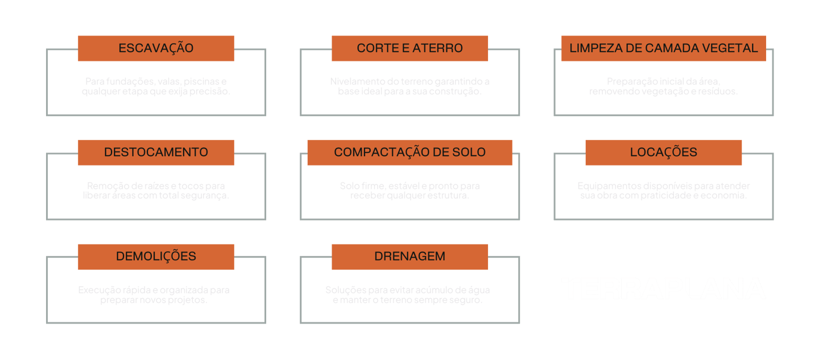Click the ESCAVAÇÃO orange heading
tap(156, 48)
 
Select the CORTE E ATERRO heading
tap(409, 48)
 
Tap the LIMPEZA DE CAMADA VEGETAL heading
tap(663, 48)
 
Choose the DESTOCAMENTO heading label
tap(156, 152)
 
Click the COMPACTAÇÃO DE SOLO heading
tap(409, 152)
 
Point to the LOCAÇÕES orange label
tap(663, 152)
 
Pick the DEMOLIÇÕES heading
tap(156, 256)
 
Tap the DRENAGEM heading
tap(409, 256)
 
